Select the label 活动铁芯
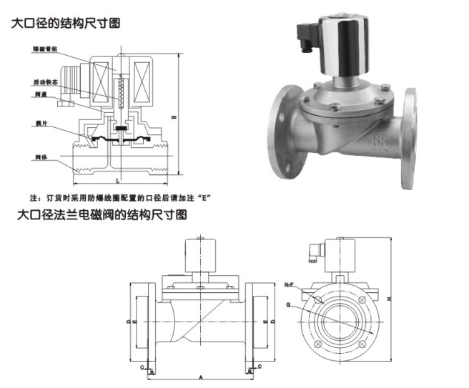pos(46,82)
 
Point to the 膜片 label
pos(39,123)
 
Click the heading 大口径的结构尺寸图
pos(65,23)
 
